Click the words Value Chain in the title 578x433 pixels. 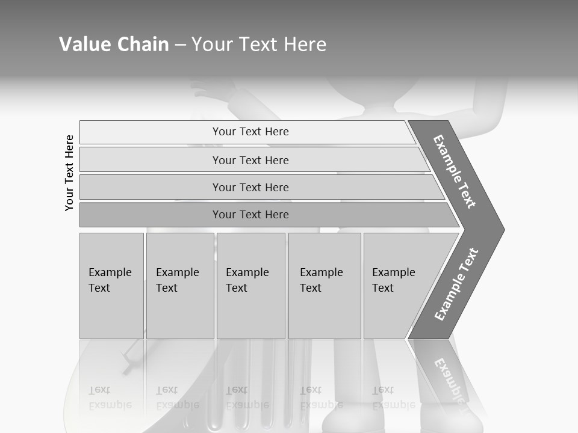[x=114, y=45]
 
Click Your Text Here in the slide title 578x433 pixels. [x=259, y=45]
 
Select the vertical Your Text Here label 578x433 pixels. [x=69, y=173]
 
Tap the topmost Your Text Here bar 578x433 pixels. [x=250, y=132]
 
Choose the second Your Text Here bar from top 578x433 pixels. [x=250, y=160]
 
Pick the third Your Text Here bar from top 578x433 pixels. [x=250, y=187]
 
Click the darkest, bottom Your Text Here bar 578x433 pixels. [x=250, y=215]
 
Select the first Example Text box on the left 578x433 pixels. [x=111, y=286]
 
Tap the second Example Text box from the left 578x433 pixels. [x=179, y=286]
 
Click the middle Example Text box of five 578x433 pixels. [x=250, y=286]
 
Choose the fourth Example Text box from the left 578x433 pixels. [x=325, y=286]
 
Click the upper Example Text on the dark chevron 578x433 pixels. [x=455, y=171]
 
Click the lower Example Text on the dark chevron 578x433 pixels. [x=456, y=284]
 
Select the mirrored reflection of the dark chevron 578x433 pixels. [x=449, y=379]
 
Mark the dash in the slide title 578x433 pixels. [x=180, y=45]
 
